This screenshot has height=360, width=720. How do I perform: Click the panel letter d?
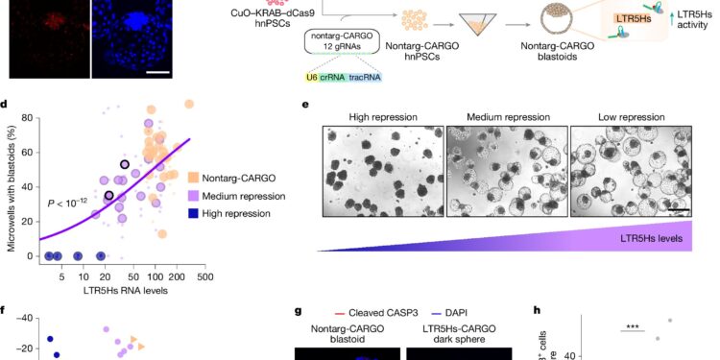point(7,105)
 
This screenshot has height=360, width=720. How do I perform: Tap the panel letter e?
point(304,105)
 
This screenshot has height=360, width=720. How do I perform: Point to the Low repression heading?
point(630,118)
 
